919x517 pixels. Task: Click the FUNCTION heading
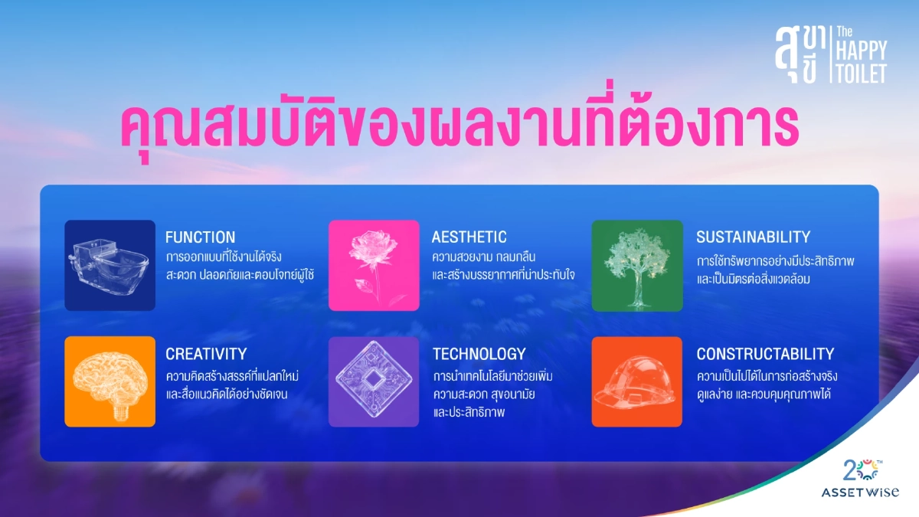(200, 237)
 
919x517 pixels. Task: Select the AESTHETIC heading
(469, 237)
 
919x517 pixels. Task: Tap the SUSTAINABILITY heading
(753, 237)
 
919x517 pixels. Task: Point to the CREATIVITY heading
(206, 354)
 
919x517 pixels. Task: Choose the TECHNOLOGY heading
(479, 354)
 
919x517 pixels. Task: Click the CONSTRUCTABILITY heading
(764, 354)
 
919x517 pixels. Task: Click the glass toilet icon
(110, 265)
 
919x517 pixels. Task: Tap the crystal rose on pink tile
(374, 265)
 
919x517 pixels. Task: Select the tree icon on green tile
(636, 265)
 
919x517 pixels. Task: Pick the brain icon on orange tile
(110, 381)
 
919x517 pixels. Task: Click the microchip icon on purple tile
(374, 381)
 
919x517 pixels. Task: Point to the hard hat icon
(636, 381)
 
